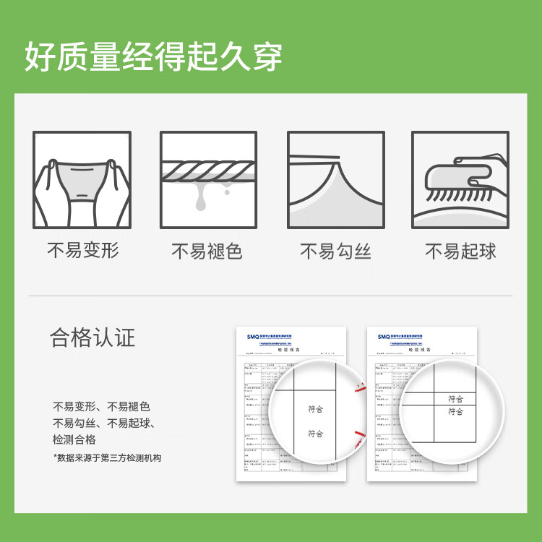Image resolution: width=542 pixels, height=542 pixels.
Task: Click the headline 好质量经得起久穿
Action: (153, 57)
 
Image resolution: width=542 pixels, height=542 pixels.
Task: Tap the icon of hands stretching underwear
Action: (82, 180)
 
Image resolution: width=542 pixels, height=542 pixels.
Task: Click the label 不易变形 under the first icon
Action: (82, 251)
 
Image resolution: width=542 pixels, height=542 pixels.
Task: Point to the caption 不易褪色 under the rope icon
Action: (207, 251)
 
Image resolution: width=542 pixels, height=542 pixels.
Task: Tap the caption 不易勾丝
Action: (335, 251)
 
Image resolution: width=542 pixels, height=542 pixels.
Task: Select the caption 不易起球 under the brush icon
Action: (460, 251)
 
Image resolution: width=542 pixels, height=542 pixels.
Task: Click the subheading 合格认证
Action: (93, 337)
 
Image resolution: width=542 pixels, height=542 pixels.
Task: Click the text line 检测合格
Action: (74, 440)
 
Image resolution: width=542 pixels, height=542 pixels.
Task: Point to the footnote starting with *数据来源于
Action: (108, 458)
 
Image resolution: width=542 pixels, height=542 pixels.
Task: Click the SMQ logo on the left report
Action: (252, 336)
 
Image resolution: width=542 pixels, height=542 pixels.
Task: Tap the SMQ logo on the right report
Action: (382, 336)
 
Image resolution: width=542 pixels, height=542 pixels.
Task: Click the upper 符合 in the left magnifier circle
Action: (315, 409)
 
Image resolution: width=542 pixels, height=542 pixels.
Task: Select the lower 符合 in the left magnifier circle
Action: (315, 434)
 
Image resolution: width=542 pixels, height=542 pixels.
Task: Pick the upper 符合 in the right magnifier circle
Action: (455, 399)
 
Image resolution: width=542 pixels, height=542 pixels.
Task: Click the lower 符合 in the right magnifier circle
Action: (455, 412)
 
